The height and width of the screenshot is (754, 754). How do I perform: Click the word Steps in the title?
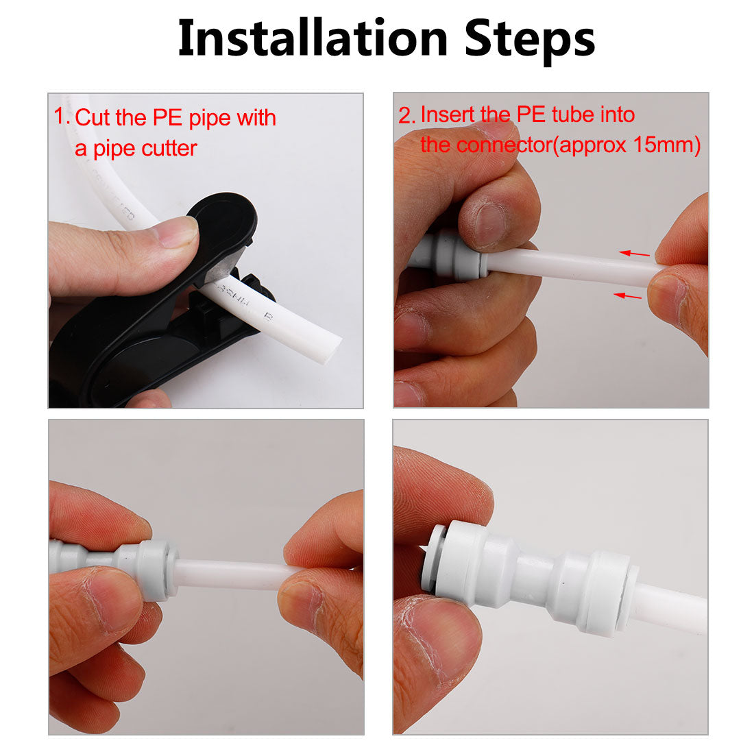click(529, 40)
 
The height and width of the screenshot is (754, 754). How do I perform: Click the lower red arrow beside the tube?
click(629, 295)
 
